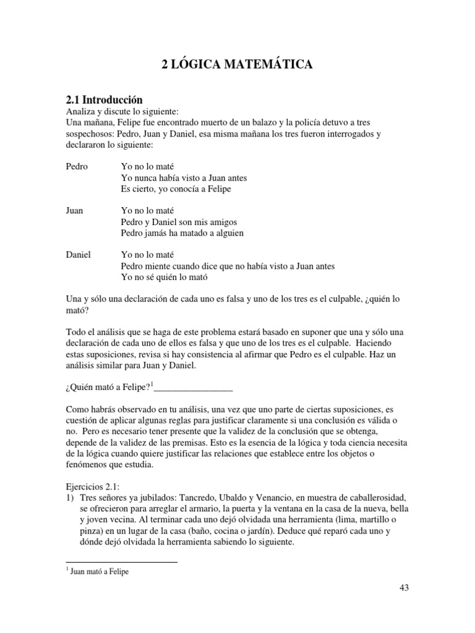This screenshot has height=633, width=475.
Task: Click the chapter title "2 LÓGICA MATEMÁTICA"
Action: (237, 64)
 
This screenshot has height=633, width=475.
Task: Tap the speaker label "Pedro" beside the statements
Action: (77, 167)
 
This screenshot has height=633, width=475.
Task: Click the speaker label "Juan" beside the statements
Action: (74, 211)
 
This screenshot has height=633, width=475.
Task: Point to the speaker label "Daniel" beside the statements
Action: (78, 255)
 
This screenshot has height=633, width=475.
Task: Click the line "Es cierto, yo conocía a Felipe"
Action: (176, 189)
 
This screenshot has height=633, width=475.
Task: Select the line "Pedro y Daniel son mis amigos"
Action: (179, 222)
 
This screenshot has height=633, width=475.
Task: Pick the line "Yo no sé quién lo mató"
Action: (165, 277)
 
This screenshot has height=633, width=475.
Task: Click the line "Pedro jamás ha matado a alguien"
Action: (182, 233)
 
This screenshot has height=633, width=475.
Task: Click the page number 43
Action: (404, 588)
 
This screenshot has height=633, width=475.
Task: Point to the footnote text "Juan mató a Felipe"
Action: (99, 572)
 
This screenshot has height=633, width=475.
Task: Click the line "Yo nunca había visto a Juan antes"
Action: (184, 178)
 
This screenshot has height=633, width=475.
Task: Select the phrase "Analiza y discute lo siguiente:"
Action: (122, 112)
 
